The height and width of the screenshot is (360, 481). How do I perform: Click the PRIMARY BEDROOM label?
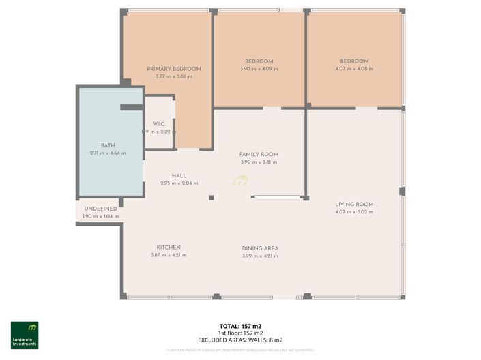(174, 69)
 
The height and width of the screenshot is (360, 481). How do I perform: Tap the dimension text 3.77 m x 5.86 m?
(174, 76)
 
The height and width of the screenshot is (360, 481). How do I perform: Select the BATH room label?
(108, 146)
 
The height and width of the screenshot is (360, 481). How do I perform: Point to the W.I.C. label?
(159, 124)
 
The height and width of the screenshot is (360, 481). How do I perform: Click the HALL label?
(179, 176)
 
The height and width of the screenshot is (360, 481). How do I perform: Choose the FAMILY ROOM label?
(259, 155)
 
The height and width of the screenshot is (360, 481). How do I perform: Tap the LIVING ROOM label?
(354, 205)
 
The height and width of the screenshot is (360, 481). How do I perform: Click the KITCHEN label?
(169, 247)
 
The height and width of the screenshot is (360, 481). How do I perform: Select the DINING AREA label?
(260, 248)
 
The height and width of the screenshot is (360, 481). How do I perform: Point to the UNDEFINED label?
(100, 209)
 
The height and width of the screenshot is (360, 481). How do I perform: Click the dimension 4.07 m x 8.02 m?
(354, 212)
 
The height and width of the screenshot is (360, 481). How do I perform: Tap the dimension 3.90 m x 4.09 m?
(259, 69)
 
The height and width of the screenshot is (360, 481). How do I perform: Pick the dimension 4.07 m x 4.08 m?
(354, 69)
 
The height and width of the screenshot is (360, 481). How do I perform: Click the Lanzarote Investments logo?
(25, 335)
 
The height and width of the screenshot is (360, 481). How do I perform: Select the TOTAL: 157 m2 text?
(240, 327)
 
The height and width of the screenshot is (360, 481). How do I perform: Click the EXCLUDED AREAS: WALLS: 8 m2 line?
(240, 340)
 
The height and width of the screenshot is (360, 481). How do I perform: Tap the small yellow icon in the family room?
(239, 181)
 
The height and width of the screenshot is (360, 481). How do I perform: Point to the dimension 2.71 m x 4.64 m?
(108, 153)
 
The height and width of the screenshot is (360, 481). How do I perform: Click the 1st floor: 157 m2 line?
(240, 333)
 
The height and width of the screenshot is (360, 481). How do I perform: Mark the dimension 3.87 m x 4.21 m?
(169, 255)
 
